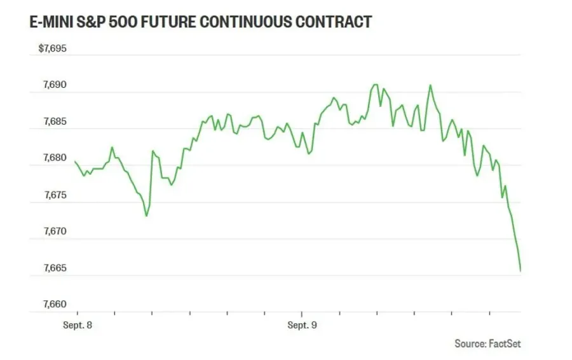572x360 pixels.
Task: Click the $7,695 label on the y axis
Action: [53, 48]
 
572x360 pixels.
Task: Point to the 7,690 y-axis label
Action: [55, 85]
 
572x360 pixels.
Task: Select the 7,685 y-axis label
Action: [55, 121]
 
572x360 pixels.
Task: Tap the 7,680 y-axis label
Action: [55, 158]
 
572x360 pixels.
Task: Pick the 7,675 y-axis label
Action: [55, 195]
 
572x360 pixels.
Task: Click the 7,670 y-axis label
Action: [55, 231]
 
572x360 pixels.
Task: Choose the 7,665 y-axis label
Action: [55, 268]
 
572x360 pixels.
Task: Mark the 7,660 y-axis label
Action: [55, 304]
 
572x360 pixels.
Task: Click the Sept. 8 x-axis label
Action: [78, 325]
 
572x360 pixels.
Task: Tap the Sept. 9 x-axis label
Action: [302, 325]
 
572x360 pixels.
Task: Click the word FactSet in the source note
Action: [505, 343]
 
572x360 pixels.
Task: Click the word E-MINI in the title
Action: [51, 22]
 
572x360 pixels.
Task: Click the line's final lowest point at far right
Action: [520, 271]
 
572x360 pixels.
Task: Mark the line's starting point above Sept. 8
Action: [75, 162]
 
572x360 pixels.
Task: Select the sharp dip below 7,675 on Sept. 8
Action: [147, 216]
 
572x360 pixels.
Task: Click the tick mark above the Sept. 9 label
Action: [302, 314]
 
